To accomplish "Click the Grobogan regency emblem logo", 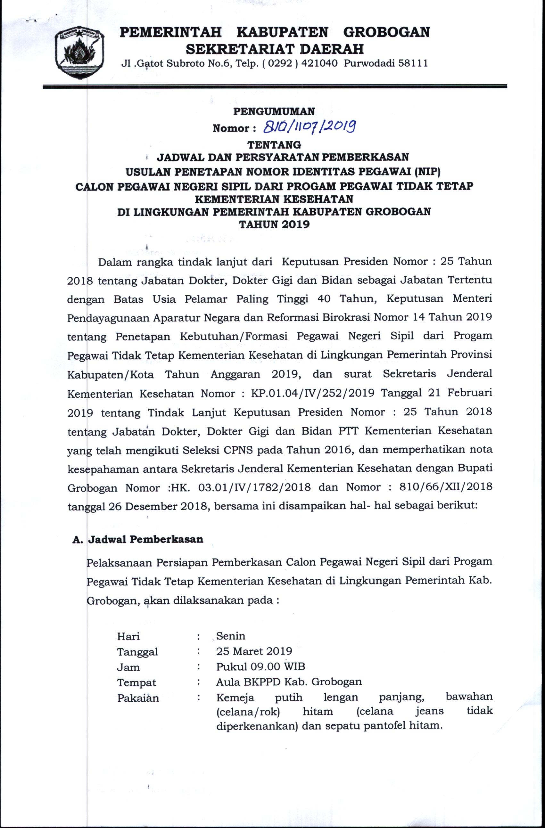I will (80, 53).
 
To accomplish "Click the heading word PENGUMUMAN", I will (274, 111).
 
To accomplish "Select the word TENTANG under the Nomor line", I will (274, 144).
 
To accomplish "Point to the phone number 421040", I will (319, 63).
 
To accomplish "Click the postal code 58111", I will (413, 63).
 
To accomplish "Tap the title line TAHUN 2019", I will (274, 224).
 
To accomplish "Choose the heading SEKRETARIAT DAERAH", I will (275, 49).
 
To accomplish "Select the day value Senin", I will (230, 636).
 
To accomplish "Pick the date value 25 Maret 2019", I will (254, 651).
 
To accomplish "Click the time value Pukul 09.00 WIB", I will (260, 666).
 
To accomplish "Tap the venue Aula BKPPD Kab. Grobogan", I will (289, 682).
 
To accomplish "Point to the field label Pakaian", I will (138, 698).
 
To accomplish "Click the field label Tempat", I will (136, 682).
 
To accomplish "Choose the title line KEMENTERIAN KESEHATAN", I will (274, 199).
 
